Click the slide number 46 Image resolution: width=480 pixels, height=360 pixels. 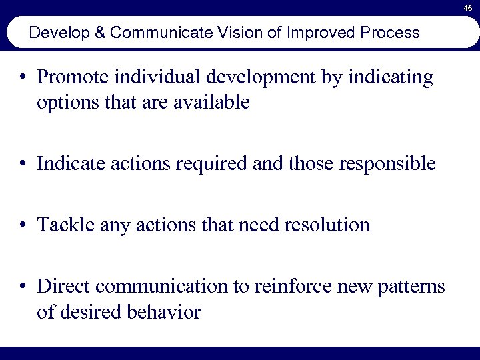coord(469,7)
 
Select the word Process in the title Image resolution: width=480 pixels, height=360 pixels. coord(390,33)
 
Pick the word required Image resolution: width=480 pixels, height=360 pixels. coord(211,164)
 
